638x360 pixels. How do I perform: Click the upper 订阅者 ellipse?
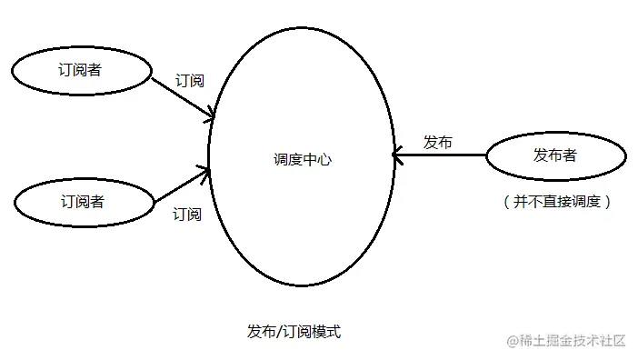pos(82,71)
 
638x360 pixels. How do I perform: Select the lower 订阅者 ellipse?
pos(82,201)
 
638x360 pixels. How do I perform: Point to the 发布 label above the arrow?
pos(438,142)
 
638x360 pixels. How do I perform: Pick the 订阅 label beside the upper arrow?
pos(189,81)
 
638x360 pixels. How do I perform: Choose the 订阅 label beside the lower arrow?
pos(187,215)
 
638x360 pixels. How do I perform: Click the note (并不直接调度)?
pos(556,202)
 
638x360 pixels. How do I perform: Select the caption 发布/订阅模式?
pos(293,332)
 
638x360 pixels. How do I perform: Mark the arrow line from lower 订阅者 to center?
pos(180,185)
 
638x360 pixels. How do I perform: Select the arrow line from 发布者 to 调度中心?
pos(441,156)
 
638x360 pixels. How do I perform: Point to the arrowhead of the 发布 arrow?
pos(397,156)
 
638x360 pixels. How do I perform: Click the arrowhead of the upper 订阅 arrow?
pos(211,115)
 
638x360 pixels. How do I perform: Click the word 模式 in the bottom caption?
pos(324,332)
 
